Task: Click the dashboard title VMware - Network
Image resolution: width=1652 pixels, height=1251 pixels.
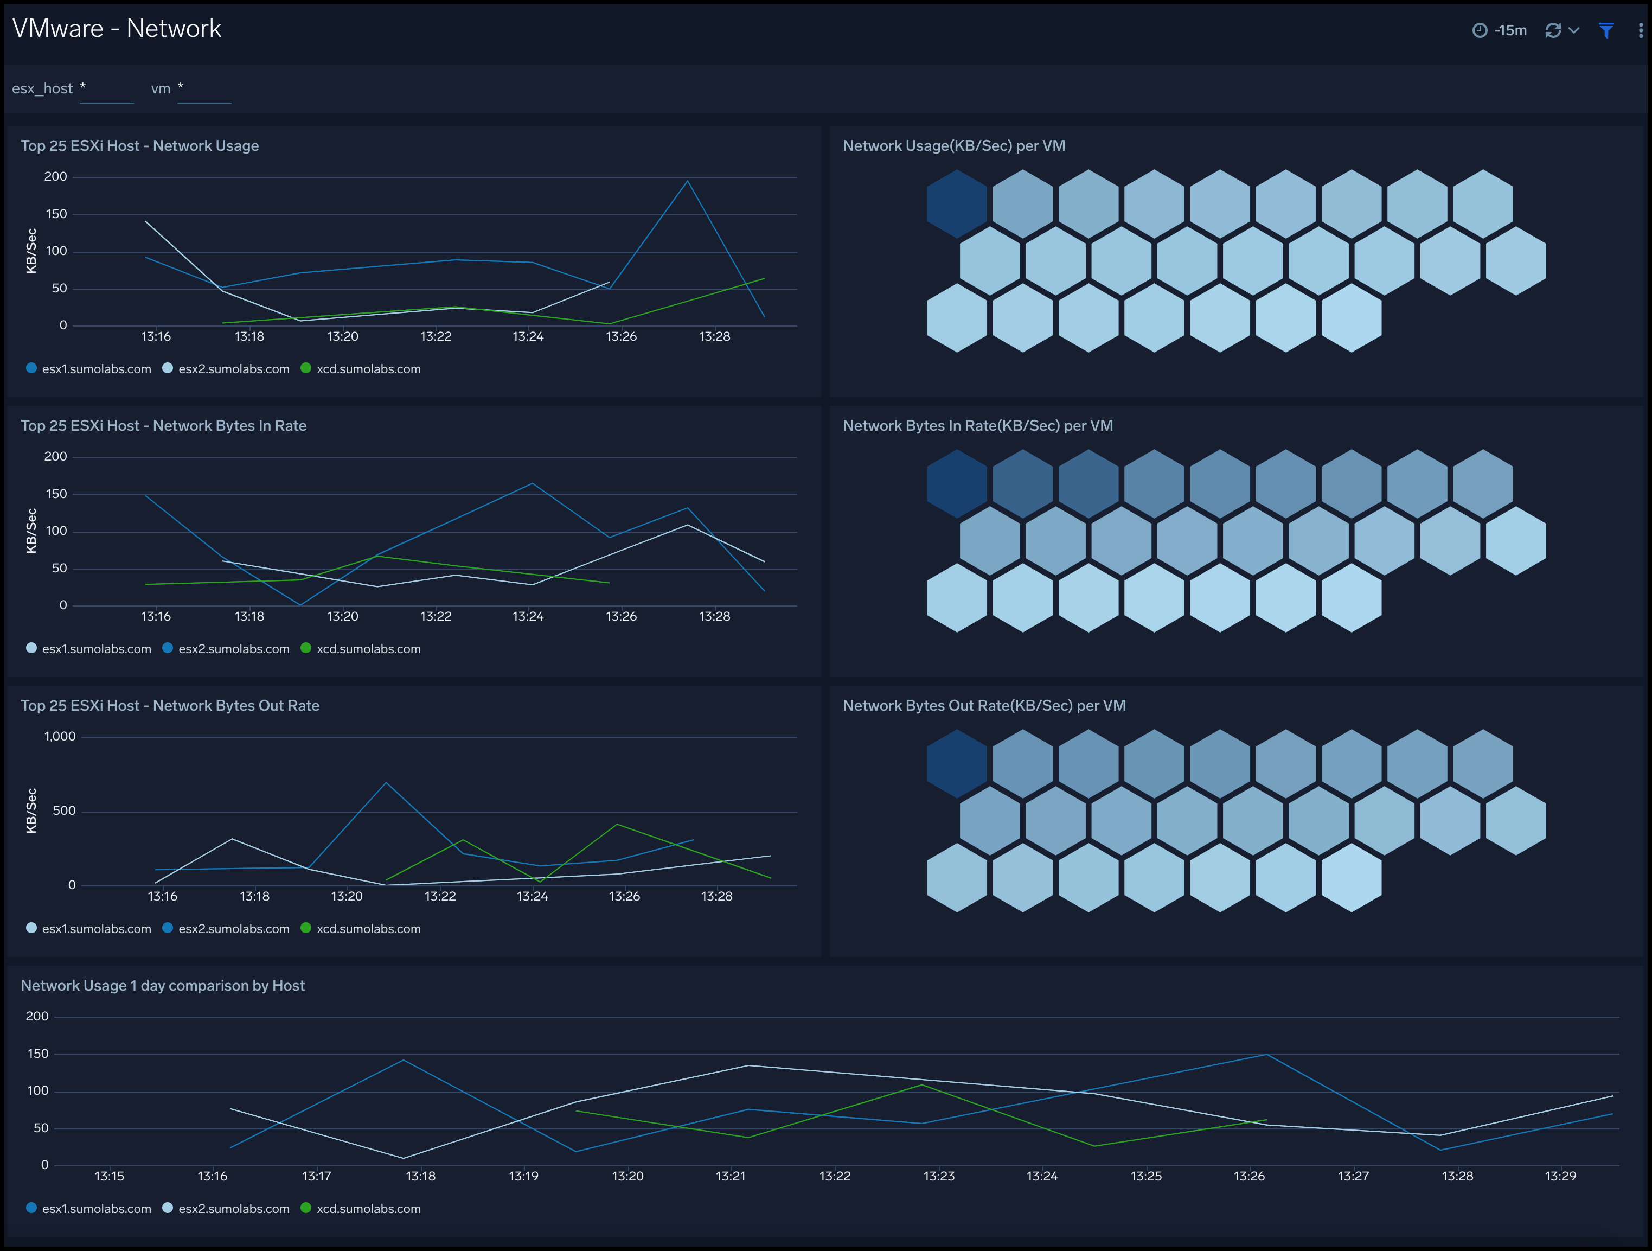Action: coord(117,28)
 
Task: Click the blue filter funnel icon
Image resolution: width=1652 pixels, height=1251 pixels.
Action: coord(1606,30)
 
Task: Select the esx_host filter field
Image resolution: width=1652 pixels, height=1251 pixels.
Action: coord(107,89)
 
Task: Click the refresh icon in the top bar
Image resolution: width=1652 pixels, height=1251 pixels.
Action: coord(1553,30)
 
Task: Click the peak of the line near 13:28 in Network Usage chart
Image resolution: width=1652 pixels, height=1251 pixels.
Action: coord(687,181)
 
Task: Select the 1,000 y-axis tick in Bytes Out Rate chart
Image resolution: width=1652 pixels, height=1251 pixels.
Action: coord(60,736)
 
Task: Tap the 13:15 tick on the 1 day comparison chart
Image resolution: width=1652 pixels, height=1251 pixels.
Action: coord(109,1176)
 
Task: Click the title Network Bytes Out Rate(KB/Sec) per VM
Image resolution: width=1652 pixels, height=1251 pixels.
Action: coord(984,705)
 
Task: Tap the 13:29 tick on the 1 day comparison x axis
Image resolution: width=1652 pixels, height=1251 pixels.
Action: coord(1560,1176)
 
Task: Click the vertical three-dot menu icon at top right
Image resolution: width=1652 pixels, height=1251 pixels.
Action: coord(1640,30)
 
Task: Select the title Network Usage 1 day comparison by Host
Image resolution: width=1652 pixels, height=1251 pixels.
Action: coord(163,985)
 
